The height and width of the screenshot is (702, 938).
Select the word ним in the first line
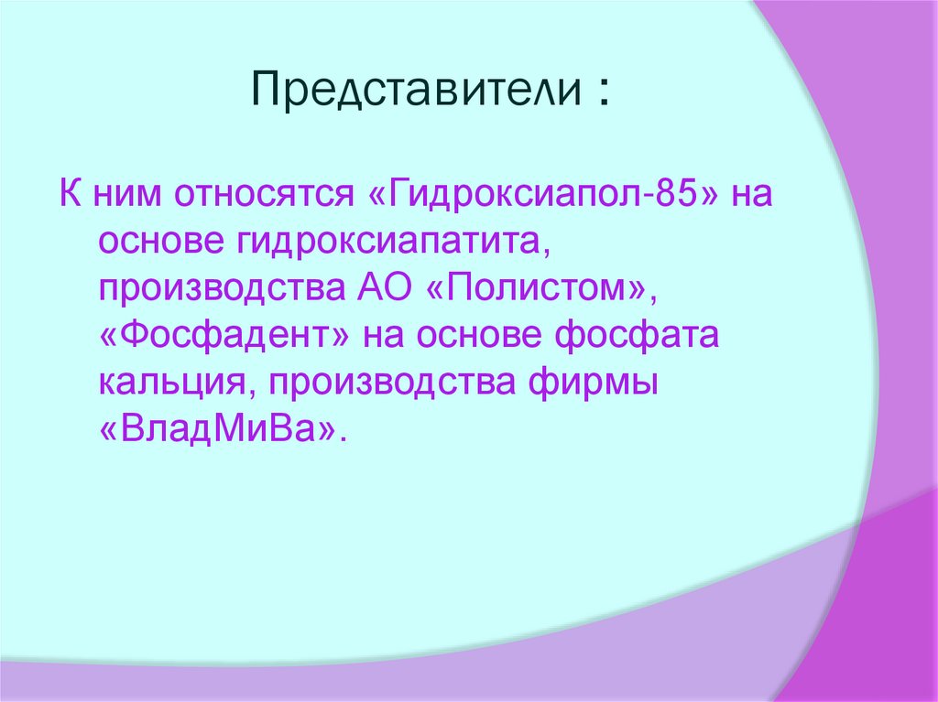(129, 196)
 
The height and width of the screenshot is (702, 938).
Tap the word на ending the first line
(751, 196)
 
